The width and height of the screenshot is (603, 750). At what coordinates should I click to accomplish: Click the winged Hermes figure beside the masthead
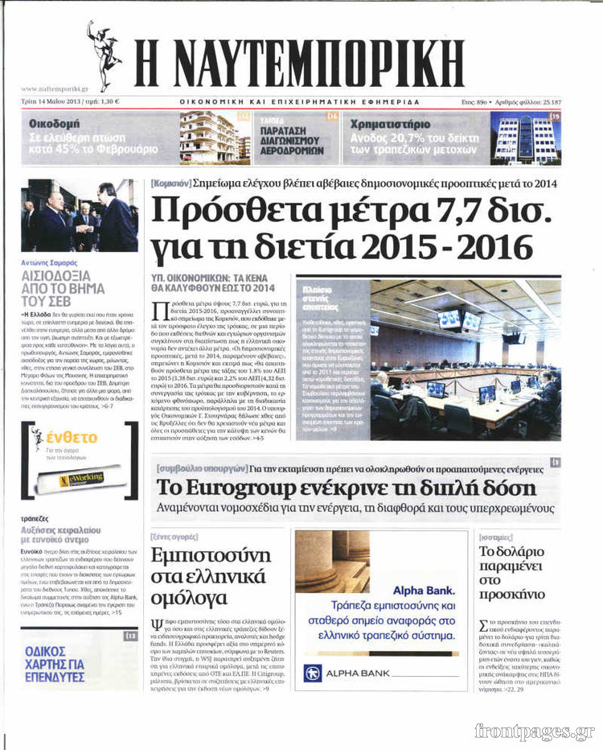[x=103, y=55]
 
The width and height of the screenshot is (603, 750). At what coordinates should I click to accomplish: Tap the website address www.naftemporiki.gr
[x=55, y=89]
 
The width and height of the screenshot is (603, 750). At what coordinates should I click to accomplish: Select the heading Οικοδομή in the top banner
[x=55, y=124]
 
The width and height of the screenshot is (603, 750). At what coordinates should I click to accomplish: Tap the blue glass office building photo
[x=515, y=138]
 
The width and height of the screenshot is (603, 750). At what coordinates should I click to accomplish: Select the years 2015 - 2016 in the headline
[x=453, y=245]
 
